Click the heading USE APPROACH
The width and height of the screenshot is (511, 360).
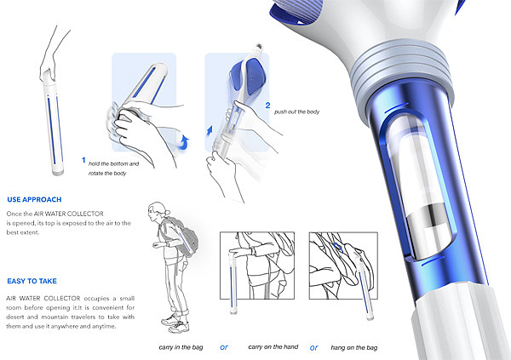pos(34,199)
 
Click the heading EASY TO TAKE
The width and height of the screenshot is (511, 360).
pos(32,281)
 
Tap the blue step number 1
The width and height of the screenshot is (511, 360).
pos(83,160)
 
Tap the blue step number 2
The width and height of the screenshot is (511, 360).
pos(267,106)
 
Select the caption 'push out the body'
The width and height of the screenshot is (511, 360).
pos(296,111)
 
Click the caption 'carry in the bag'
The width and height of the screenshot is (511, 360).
pos(181,347)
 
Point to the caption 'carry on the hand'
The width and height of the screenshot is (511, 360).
pos(273,347)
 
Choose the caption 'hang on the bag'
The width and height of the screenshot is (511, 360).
pos(354,347)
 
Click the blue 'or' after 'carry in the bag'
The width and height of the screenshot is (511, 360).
pos(224,347)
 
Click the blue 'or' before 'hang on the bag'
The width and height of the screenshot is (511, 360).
pos(313,348)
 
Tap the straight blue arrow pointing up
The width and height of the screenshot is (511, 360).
pos(210,129)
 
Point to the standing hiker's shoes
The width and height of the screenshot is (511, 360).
pos(176,323)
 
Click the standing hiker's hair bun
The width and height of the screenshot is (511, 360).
pos(167,213)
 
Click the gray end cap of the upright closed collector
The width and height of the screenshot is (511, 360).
pos(58,171)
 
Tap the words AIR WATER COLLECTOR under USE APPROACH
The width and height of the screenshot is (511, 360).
pos(69,214)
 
